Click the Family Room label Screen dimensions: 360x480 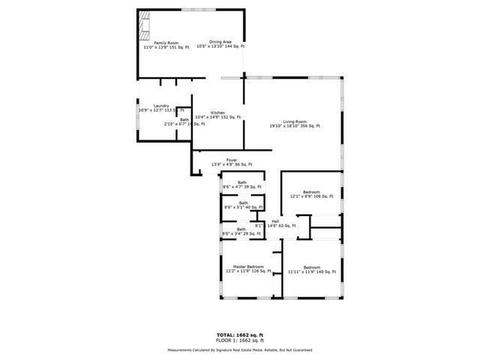[x=166, y=43]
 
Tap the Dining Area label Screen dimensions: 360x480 [x=220, y=43]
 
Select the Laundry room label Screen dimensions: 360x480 [x=160, y=106]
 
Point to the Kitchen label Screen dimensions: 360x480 [x=218, y=112]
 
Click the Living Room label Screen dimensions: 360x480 [x=295, y=121]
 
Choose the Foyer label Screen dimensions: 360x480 [x=232, y=160]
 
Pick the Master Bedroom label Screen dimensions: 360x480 [x=247, y=267]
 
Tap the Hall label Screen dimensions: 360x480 [x=275, y=221]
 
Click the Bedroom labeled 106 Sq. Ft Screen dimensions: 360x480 [x=311, y=193]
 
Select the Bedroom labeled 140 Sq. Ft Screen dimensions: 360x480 [x=311, y=267]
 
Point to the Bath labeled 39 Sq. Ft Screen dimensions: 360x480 [x=242, y=182]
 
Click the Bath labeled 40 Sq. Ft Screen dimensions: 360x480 [x=243, y=202]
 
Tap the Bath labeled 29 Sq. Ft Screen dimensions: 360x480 [x=241, y=229]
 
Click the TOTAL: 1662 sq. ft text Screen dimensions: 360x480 [x=240, y=334]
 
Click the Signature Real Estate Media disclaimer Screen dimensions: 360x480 [x=240, y=350]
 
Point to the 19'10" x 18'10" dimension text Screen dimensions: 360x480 [x=295, y=126]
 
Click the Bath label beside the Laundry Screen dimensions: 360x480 [x=184, y=119]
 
